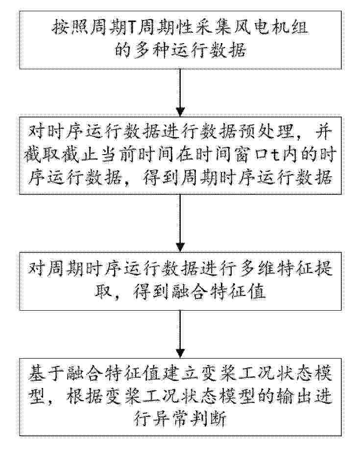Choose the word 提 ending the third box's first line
325,268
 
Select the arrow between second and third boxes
180,223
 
